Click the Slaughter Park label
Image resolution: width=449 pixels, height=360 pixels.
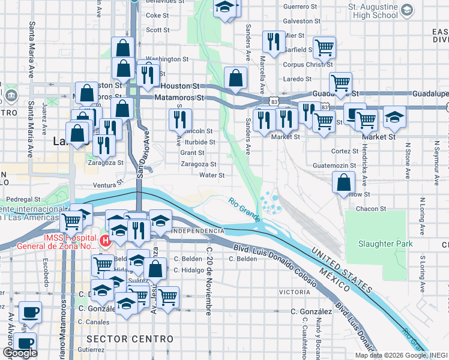(385, 244)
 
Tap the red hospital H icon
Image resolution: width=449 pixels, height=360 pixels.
(106, 241)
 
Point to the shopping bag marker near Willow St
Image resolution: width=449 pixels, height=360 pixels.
(342, 183)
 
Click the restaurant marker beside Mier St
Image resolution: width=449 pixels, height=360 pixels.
(273, 42)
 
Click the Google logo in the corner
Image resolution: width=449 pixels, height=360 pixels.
(20, 353)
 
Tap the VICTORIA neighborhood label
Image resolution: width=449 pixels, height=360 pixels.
(294, 292)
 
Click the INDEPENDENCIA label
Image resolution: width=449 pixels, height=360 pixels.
(198, 231)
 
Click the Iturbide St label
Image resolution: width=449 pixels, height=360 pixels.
(200, 142)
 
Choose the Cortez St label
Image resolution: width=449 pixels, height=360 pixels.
(345, 151)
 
